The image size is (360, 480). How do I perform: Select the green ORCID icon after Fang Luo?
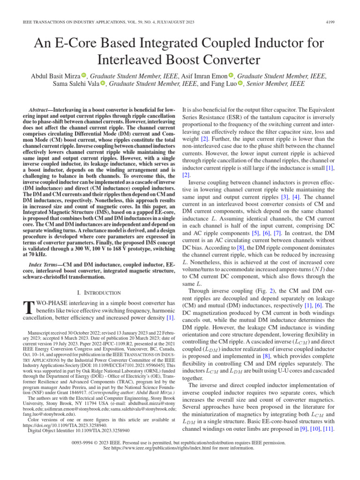[240, 84]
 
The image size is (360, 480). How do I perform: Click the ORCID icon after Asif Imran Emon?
[231, 75]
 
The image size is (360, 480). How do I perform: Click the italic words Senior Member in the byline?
[267, 84]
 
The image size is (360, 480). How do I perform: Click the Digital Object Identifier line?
[79, 429]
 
